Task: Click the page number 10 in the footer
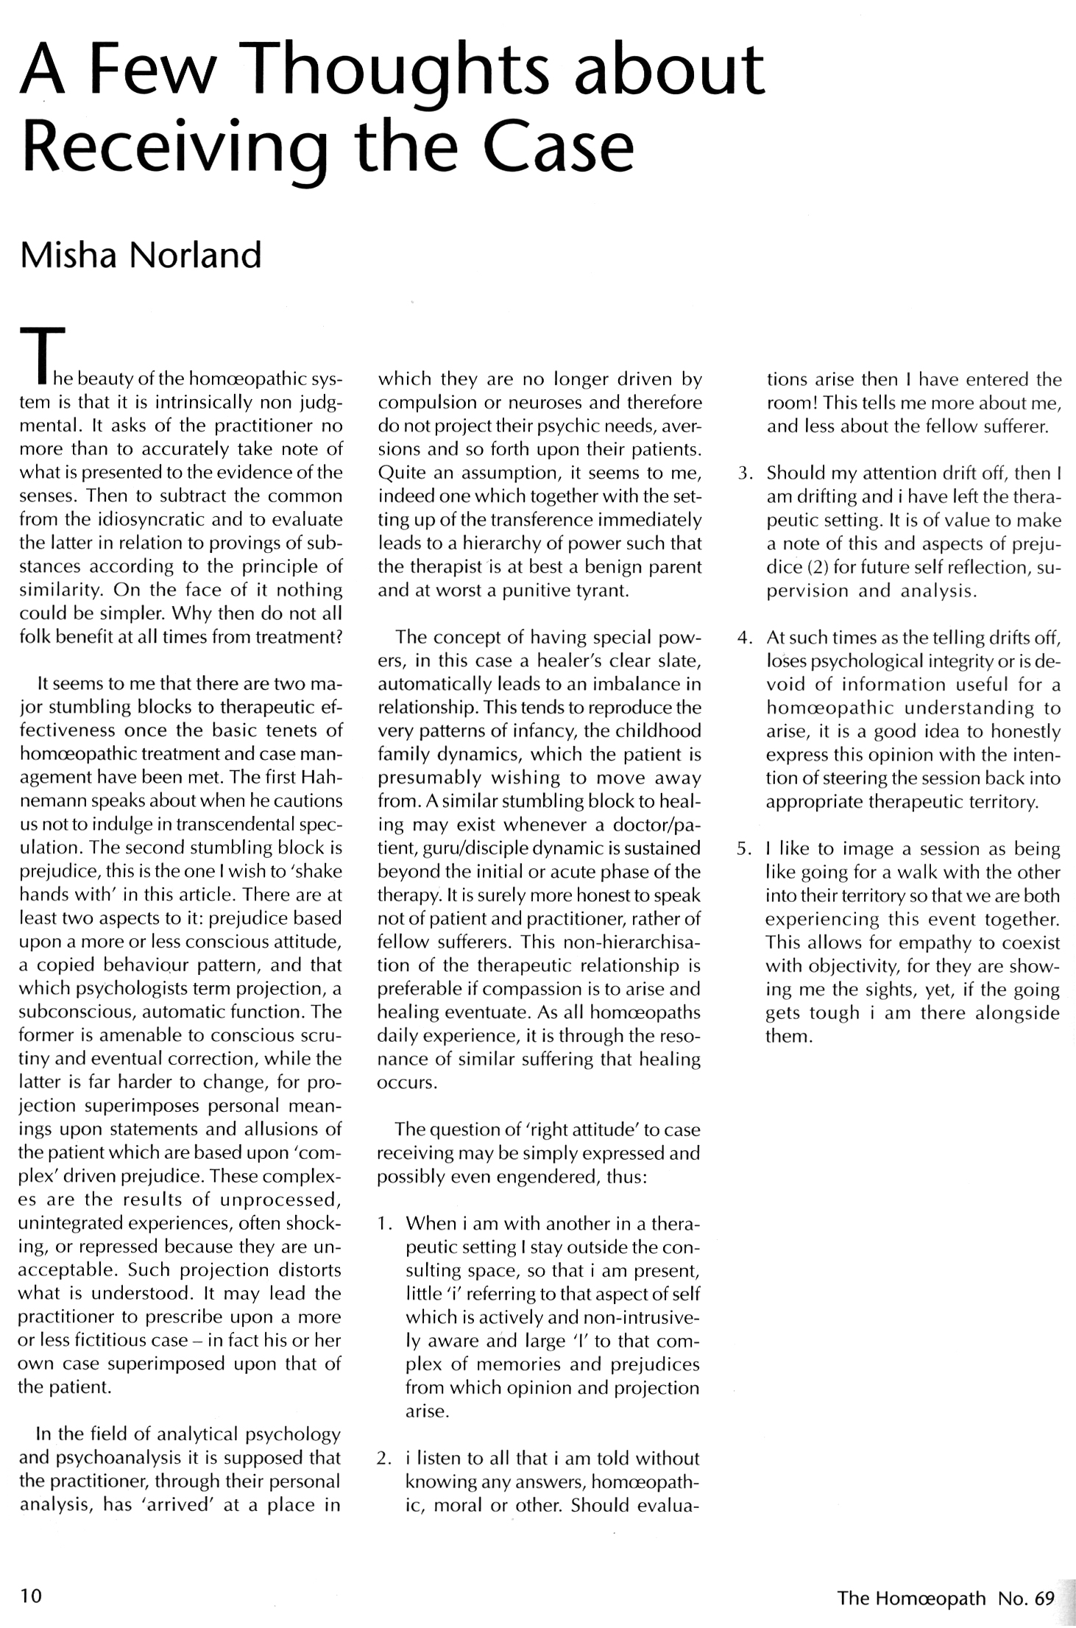tap(32, 1596)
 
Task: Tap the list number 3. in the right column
tap(746, 473)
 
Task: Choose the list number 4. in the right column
tap(746, 638)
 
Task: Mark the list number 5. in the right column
tap(746, 849)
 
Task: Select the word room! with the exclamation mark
tap(790, 404)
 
